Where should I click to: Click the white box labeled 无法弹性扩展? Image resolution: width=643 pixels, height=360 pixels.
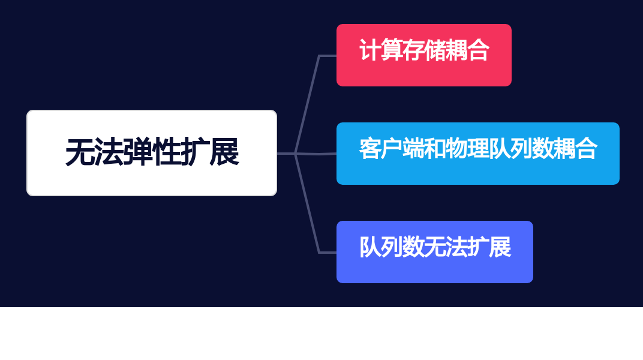point(152,153)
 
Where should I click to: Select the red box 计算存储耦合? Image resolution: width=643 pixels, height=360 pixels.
point(424,55)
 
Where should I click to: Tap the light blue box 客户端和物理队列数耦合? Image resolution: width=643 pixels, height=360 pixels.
point(477,154)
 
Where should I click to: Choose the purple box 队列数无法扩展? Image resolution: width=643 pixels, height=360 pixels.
point(435,252)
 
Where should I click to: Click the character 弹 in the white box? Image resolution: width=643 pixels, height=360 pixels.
point(137,152)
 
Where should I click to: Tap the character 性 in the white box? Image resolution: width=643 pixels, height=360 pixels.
point(166,152)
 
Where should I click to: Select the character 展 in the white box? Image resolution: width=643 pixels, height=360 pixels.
point(224,152)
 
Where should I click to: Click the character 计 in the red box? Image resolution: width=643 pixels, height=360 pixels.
point(370,50)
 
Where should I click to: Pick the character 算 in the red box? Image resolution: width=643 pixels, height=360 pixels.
point(392,50)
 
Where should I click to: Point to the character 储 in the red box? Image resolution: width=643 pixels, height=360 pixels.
point(435,50)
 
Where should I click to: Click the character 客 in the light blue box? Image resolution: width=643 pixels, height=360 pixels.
point(370,148)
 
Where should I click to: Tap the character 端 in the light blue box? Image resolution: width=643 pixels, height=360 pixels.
point(413,148)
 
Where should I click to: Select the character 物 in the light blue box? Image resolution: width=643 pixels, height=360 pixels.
point(456,148)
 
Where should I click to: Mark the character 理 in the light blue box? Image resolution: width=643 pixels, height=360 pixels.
point(477,148)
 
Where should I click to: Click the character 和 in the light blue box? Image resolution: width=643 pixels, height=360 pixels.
point(435,148)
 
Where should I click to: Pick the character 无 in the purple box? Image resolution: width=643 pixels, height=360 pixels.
point(435,247)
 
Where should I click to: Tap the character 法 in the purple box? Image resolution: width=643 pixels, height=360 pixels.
point(456,247)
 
